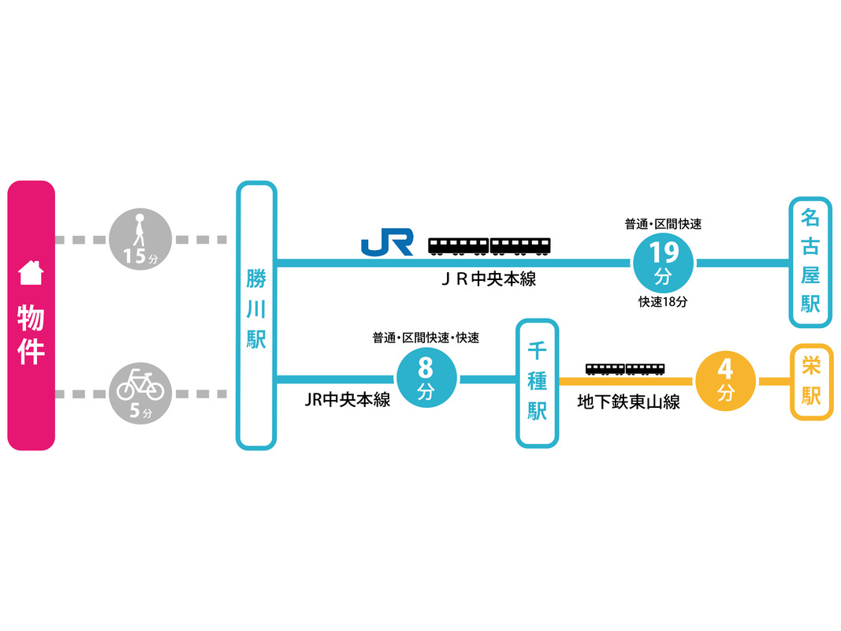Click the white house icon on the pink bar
pos(31,272)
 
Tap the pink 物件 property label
pos(31,334)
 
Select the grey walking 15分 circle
pos(140,237)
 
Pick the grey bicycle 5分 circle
pos(140,392)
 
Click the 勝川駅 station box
pos(256,315)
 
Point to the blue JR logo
pos(387,243)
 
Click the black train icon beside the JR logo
pos(489,245)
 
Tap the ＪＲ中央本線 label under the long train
pos(489,280)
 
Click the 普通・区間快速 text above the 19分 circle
pos(663,225)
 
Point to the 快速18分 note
pos(663,302)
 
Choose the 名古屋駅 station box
pos(810,262)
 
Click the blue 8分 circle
pos(426,379)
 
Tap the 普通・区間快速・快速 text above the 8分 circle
pos(426,338)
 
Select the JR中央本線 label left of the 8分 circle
pos(348,400)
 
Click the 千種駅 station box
pos(537,383)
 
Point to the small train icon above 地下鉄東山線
pos(625,369)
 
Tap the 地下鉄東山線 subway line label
pos(628,402)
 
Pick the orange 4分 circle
pos(725,380)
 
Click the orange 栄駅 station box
pos(811,382)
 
